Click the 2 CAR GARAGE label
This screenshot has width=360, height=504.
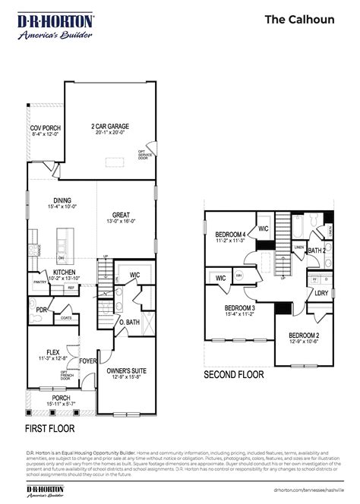click(x=110, y=127)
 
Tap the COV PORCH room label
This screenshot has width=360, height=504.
click(x=46, y=128)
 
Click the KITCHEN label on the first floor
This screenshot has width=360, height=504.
click(x=64, y=272)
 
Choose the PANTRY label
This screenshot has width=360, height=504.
click(x=40, y=282)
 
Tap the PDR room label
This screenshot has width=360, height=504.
click(x=43, y=310)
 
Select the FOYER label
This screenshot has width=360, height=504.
click(x=89, y=361)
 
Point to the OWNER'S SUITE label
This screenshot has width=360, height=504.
click(x=126, y=371)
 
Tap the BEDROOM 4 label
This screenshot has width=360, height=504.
click(x=229, y=235)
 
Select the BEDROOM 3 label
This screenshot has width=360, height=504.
click(x=238, y=308)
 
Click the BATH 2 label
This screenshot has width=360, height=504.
click(x=317, y=250)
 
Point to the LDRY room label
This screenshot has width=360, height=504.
click(x=321, y=292)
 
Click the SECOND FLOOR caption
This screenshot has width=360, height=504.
click(x=233, y=374)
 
